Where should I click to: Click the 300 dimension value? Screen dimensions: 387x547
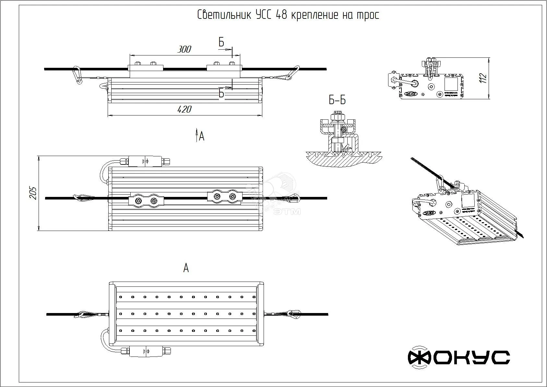click(184, 49)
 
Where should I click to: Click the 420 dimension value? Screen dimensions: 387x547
click(184, 109)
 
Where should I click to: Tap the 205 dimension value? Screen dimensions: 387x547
click(33, 193)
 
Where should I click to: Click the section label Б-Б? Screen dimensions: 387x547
click(337, 100)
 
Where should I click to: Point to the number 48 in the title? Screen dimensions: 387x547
click(281, 15)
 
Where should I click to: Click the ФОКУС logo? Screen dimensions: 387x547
click(458, 357)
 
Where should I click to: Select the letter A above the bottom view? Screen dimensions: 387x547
click(186, 268)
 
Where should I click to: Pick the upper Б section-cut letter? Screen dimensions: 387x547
click(221, 42)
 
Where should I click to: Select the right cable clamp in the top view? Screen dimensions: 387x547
click(224, 196)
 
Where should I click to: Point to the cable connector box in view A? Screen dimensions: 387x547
click(146, 351)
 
